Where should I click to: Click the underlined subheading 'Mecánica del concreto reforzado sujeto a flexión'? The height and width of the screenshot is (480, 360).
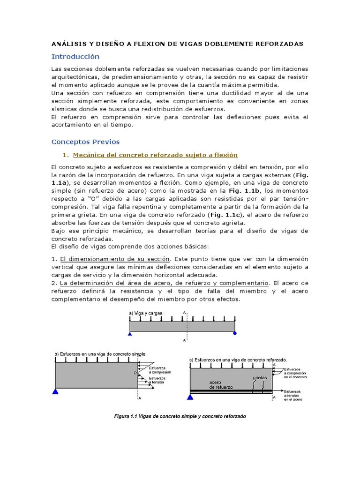click(155, 155)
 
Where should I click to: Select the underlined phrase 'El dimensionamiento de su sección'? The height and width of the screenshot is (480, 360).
click(115, 259)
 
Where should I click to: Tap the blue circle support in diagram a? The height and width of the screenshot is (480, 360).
click(235, 334)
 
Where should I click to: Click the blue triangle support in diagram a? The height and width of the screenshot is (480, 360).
click(130, 334)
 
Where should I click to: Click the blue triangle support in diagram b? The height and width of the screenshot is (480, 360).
click(56, 391)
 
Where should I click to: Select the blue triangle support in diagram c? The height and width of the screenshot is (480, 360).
click(190, 397)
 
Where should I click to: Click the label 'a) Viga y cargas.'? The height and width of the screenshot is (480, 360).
click(146, 313)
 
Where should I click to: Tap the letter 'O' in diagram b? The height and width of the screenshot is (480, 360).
click(135, 374)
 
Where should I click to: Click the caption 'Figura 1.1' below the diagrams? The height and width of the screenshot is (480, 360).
click(180, 416)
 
